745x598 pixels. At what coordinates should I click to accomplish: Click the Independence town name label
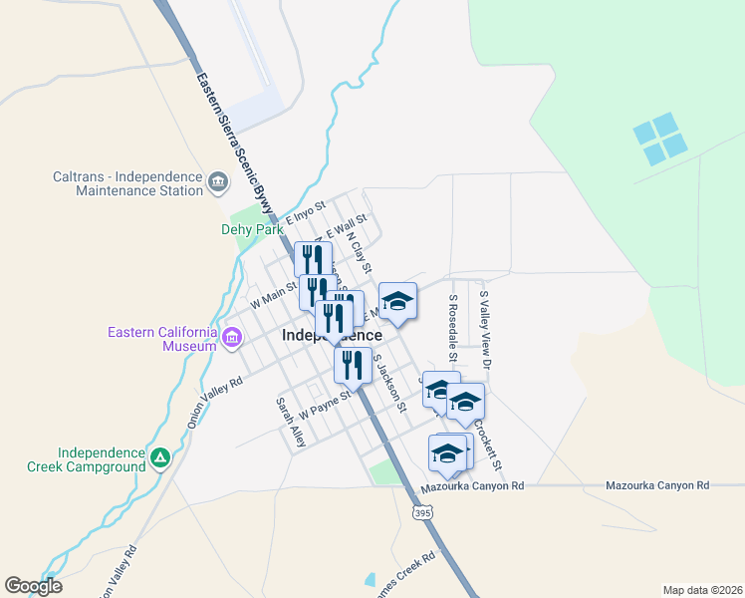point(332,336)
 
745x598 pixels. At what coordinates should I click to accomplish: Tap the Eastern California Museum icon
point(232,338)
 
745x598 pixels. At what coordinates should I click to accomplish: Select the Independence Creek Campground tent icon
point(159,457)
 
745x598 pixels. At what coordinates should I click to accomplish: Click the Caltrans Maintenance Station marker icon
point(218,182)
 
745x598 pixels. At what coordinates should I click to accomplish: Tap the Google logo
point(33,586)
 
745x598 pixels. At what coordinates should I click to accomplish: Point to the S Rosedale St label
point(452,328)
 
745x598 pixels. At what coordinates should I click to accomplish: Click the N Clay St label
point(359,253)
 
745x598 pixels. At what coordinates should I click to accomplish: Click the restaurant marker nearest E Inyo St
point(314,258)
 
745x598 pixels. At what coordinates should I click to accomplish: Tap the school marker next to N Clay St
point(397,301)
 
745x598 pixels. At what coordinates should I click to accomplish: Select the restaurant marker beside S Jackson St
point(353,365)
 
